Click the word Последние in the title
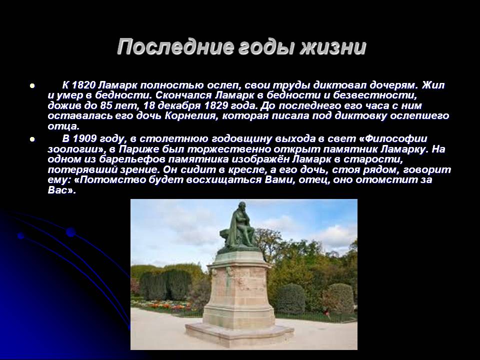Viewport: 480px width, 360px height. [x=174, y=47]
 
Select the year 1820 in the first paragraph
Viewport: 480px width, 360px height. [x=83, y=85]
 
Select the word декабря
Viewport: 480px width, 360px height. [x=178, y=106]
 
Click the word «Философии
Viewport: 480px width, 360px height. [x=392, y=139]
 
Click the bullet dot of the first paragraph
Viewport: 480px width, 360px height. [x=32, y=85]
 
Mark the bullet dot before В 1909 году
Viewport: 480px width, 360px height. [x=32, y=139]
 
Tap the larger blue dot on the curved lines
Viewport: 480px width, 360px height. [x=70, y=232]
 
